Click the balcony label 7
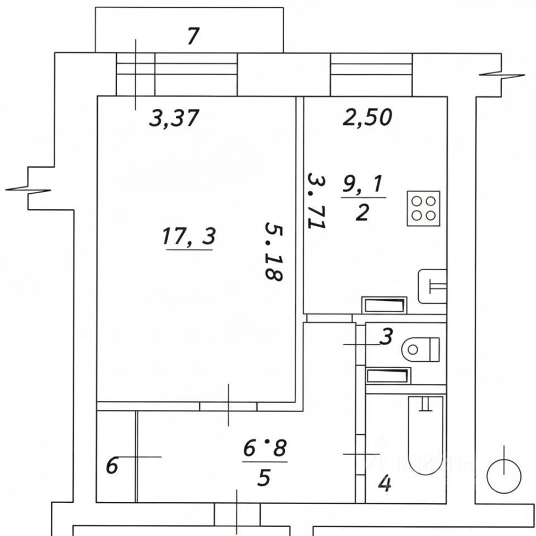click(x=193, y=37)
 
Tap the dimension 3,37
click(x=174, y=118)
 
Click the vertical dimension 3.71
click(x=317, y=200)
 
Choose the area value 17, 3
click(x=188, y=237)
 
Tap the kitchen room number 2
click(x=362, y=213)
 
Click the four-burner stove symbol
click(x=424, y=208)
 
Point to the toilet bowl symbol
click(x=420, y=350)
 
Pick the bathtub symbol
click(x=426, y=441)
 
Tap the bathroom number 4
click(x=385, y=484)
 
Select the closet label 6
click(x=112, y=466)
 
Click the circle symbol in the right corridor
click(x=504, y=475)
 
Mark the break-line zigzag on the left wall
click(x=28, y=189)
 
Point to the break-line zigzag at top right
click(x=502, y=75)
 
